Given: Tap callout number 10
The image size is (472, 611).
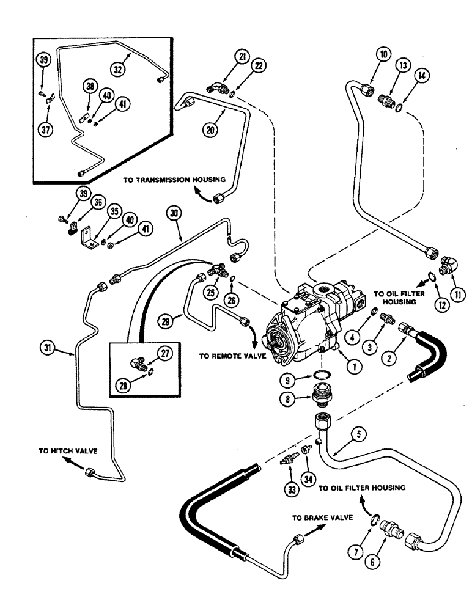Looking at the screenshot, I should (366, 55).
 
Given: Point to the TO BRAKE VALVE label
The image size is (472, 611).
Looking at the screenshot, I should (322, 517).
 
